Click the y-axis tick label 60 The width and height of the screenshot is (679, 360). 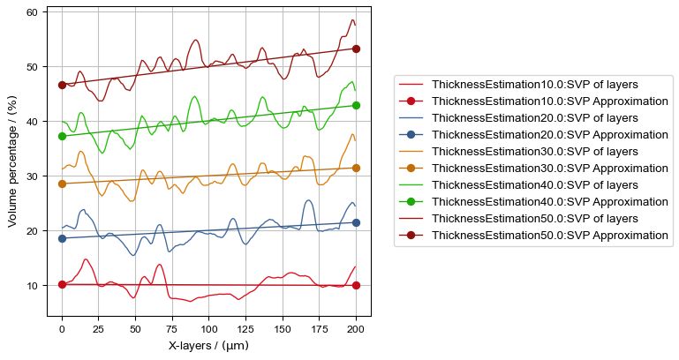point(30,12)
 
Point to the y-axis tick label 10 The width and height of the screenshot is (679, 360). point(30,286)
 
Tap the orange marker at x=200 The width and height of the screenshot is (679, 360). point(356,168)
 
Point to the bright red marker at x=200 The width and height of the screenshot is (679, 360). point(356,285)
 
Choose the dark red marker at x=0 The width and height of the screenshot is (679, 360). point(62,85)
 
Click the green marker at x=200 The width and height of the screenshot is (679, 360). point(356,105)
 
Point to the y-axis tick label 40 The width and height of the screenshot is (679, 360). point(30,122)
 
